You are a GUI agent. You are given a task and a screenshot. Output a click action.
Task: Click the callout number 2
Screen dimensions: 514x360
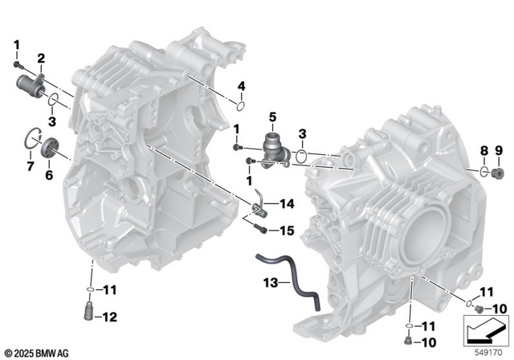pyautogui.click(x=41, y=59)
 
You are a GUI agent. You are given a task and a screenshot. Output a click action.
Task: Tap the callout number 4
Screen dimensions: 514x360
pyautogui.click(x=241, y=87)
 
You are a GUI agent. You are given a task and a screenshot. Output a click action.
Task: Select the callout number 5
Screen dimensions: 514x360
pyautogui.click(x=273, y=117)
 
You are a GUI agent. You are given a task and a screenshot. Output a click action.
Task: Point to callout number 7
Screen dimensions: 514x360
pyautogui.click(x=31, y=166)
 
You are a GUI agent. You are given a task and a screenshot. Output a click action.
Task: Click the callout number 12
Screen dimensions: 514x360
pyautogui.click(x=109, y=317)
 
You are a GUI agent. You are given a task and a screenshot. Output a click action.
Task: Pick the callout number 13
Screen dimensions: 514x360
pyautogui.click(x=271, y=282)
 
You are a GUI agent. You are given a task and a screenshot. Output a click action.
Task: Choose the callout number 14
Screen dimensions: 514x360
pyautogui.click(x=287, y=204)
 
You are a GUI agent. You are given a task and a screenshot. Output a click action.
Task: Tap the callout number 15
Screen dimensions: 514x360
pyautogui.click(x=287, y=231)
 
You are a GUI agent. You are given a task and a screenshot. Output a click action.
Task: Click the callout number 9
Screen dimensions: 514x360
pyautogui.click(x=499, y=151)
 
